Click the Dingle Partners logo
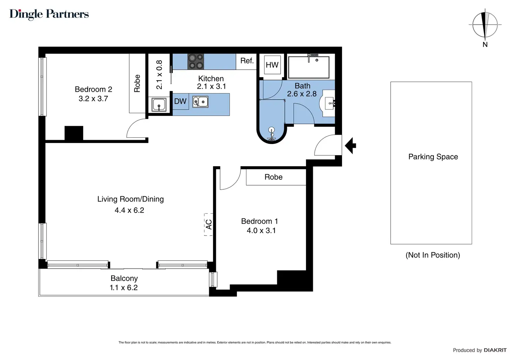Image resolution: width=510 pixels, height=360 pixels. (49, 14)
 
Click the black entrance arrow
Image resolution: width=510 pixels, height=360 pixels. (350, 145)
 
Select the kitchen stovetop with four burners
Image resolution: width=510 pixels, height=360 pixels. (196, 62)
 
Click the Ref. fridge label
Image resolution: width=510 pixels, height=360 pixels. (247, 61)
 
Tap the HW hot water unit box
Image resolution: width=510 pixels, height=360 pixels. (272, 65)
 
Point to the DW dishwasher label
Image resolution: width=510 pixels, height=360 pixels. (180, 101)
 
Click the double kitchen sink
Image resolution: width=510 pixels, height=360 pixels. (200, 102)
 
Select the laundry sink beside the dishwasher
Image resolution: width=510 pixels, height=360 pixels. (159, 105)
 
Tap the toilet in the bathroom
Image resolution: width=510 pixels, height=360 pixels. (271, 134)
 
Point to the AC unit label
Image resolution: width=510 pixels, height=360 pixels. (209, 224)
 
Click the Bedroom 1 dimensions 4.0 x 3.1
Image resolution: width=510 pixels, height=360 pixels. (261, 231)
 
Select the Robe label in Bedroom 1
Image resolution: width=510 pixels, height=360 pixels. (273, 177)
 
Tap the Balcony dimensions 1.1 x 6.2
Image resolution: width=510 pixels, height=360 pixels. (124, 287)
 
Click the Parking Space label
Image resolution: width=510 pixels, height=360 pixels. (433, 157)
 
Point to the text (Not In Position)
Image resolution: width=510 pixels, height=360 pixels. (433, 255)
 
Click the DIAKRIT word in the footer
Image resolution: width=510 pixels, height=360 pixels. (495, 350)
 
